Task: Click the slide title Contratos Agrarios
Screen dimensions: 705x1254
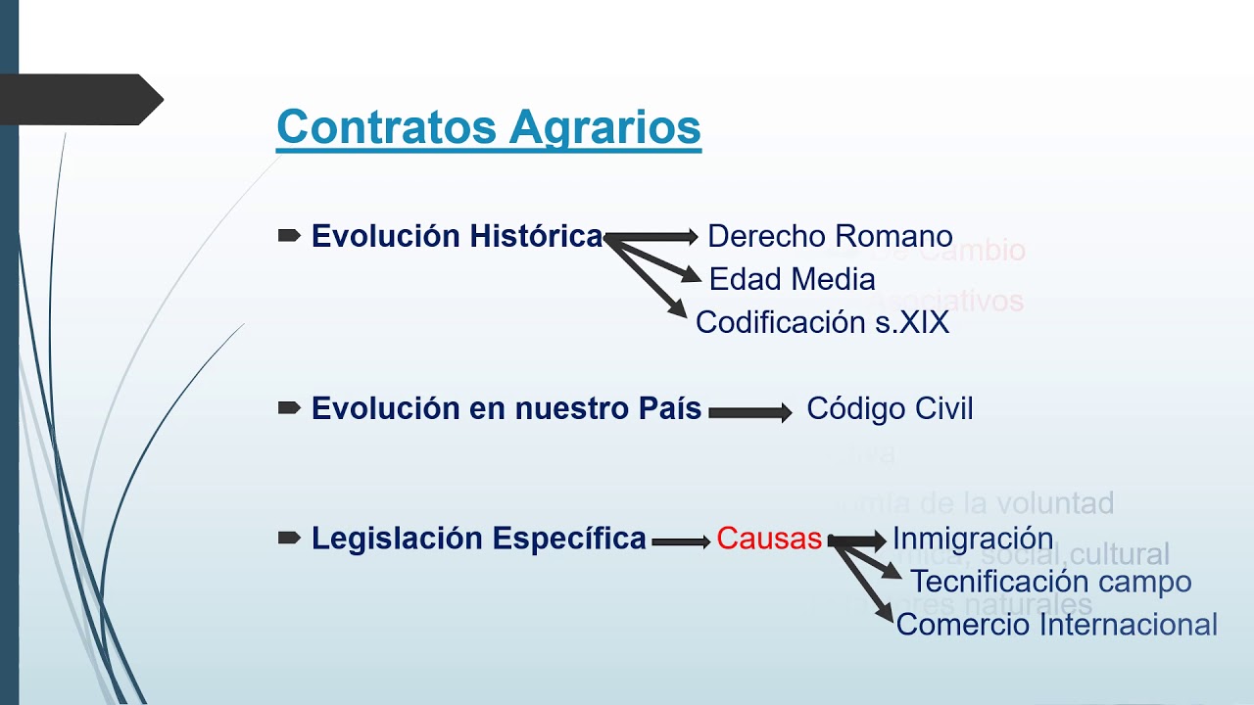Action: tap(488, 127)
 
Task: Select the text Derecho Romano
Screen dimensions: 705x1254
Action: tap(830, 236)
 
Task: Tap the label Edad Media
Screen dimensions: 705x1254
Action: tap(792, 279)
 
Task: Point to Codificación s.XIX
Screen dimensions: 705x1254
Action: tap(822, 322)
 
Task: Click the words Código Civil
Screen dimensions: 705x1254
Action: tap(890, 409)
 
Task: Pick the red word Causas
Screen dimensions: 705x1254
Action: tap(769, 539)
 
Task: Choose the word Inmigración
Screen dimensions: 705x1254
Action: tap(973, 539)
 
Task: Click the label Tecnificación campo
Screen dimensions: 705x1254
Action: tap(1050, 582)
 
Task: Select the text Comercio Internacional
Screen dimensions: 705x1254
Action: tap(1056, 625)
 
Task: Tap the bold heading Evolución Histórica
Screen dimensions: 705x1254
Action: tap(457, 236)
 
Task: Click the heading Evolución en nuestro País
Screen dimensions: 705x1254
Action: tap(506, 409)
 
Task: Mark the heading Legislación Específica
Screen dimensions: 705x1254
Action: tap(479, 539)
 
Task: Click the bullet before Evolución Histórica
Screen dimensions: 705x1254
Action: tap(289, 236)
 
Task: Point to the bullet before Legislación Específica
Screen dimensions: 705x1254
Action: tap(289, 538)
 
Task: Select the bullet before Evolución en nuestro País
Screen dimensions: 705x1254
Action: tap(289, 408)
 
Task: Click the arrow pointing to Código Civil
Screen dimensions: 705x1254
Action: tap(750, 413)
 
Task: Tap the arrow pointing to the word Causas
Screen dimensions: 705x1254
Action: tap(681, 541)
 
